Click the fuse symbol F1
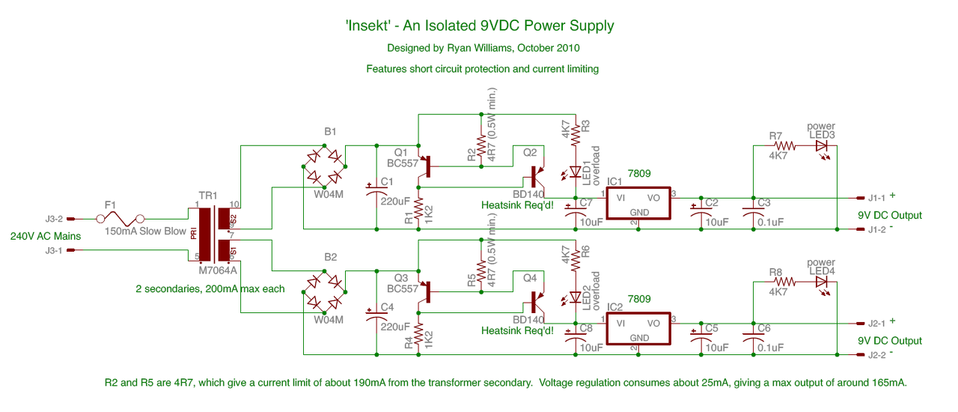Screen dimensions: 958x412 tap(120, 219)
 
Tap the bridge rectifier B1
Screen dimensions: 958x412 tap(324, 166)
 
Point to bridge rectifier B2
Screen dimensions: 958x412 tap(324, 292)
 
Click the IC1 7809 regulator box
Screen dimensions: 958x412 tap(638, 204)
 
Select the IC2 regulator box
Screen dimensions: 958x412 tap(638, 329)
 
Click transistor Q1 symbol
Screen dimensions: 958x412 tap(425, 166)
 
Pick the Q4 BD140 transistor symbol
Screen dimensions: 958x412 tap(537, 303)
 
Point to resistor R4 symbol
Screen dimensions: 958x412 tap(418, 335)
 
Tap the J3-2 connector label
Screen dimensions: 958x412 tap(55, 219)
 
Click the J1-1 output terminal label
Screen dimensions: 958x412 tap(876, 198)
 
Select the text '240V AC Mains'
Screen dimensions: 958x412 tap(46, 236)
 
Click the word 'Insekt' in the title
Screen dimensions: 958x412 tap(367, 25)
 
